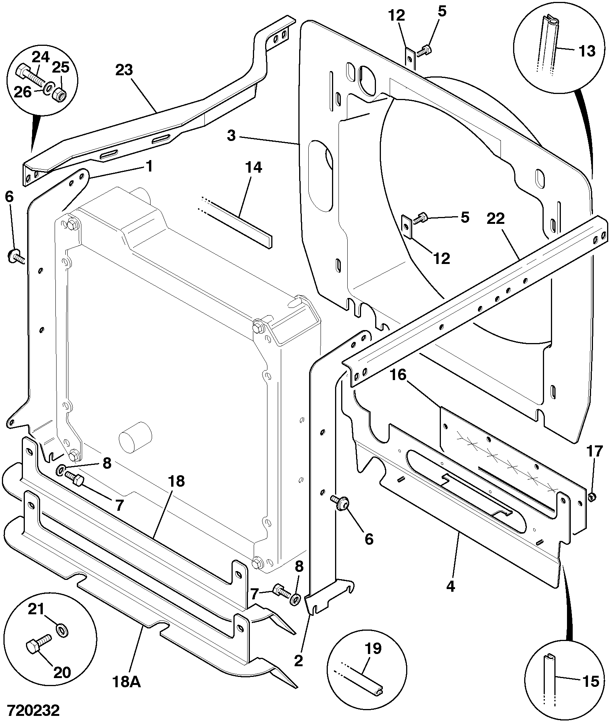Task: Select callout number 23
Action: pos(124,70)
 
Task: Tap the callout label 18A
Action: pos(127,681)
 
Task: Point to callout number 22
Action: pos(496,219)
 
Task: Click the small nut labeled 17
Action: pos(591,497)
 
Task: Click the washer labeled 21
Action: pos(62,630)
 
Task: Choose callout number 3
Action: pos(231,136)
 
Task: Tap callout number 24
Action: pos(40,57)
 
